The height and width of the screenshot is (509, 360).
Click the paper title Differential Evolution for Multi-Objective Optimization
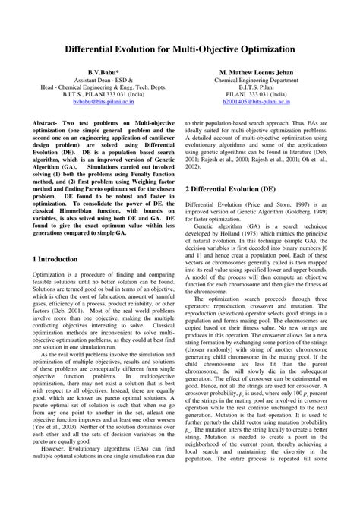180,48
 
